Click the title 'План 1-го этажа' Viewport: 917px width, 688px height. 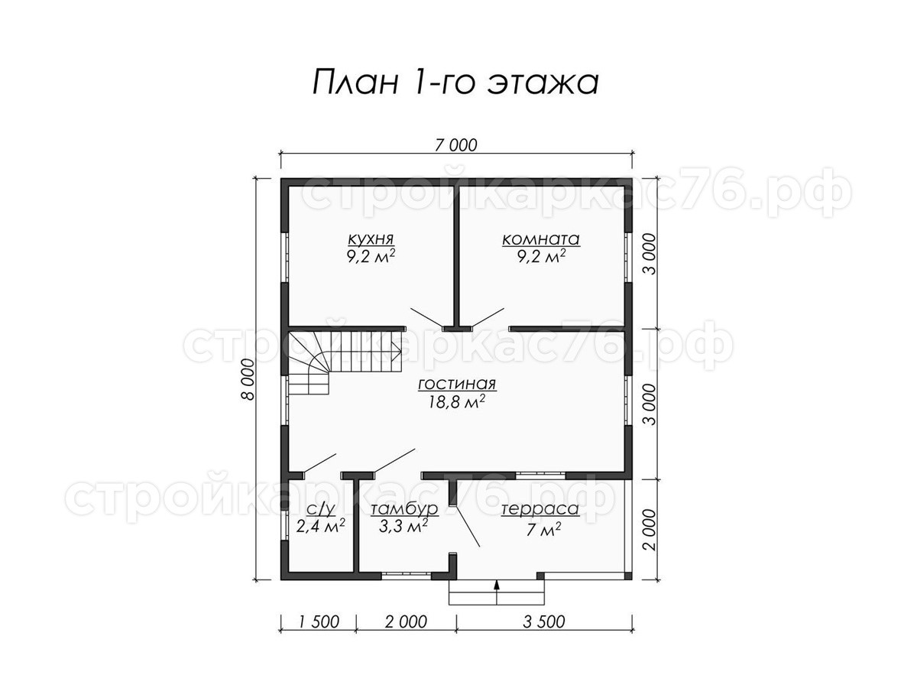pyautogui.click(x=455, y=83)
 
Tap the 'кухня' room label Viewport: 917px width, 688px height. pyautogui.click(x=371, y=239)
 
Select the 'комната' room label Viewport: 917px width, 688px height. pyautogui.click(x=540, y=239)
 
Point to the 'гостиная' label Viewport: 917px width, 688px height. pyautogui.click(x=457, y=385)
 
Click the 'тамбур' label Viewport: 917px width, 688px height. pyautogui.click(x=404, y=509)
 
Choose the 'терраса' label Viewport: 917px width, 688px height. pyautogui.click(x=540, y=510)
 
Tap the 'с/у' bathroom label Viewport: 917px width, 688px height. pyautogui.click(x=321, y=508)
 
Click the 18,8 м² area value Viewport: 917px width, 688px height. pyautogui.click(x=456, y=402)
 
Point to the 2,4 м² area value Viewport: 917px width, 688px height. pyautogui.click(x=320, y=526)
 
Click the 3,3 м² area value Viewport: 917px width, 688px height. pyautogui.click(x=403, y=527)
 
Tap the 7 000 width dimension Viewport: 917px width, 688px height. pyautogui.click(x=455, y=145)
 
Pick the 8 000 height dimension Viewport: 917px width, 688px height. pyautogui.click(x=248, y=379)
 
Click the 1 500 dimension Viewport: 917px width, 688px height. pyautogui.click(x=319, y=622)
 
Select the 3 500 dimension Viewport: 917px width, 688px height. pyautogui.click(x=543, y=622)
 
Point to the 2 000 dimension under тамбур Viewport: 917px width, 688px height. pyautogui.click(x=406, y=622)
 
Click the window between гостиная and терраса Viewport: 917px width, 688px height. pyautogui.click(x=540, y=475)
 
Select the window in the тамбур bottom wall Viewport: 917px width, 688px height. pyautogui.click(x=406, y=576)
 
